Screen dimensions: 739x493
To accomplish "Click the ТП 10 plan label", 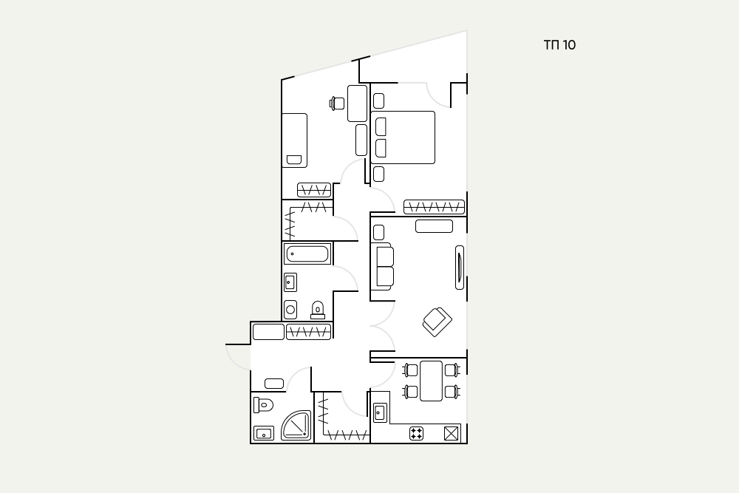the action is point(559,45).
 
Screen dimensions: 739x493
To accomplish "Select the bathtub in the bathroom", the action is point(307,254).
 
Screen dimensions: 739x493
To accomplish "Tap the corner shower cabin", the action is point(296,425).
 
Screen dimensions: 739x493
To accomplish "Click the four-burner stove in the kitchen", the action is point(416,434).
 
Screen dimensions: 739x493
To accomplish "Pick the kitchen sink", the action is point(380,413).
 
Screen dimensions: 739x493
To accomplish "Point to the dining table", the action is point(432,381).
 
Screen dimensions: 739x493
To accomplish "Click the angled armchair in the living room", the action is point(437,322).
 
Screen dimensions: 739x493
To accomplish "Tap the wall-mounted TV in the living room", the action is point(460,268).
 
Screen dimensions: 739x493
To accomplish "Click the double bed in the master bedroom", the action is point(403,137).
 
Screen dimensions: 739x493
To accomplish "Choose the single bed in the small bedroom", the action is point(295,140).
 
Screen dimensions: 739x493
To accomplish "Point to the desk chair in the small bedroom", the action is point(337,103).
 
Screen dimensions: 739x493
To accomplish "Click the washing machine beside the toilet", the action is point(290,310).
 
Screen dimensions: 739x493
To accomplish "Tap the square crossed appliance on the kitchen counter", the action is point(451,434).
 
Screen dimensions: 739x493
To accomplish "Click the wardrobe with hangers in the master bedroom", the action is point(434,207).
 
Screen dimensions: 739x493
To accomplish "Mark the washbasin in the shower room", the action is point(264,433).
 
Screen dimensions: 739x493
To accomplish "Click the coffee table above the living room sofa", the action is point(434,226).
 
